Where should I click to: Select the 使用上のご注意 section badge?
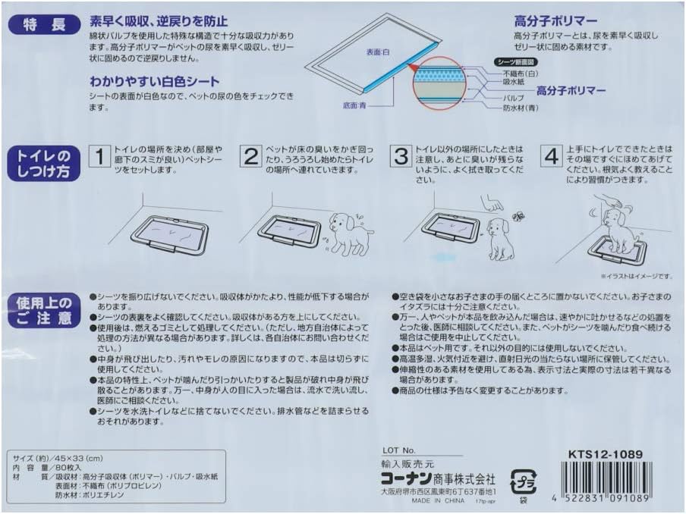click(x=42, y=312)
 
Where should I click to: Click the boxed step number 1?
click(x=99, y=158)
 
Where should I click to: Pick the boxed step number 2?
click(x=250, y=158)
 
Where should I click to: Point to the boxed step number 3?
click(x=400, y=158)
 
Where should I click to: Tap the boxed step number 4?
click(x=552, y=158)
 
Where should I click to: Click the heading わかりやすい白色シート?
click(x=155, y=81)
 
